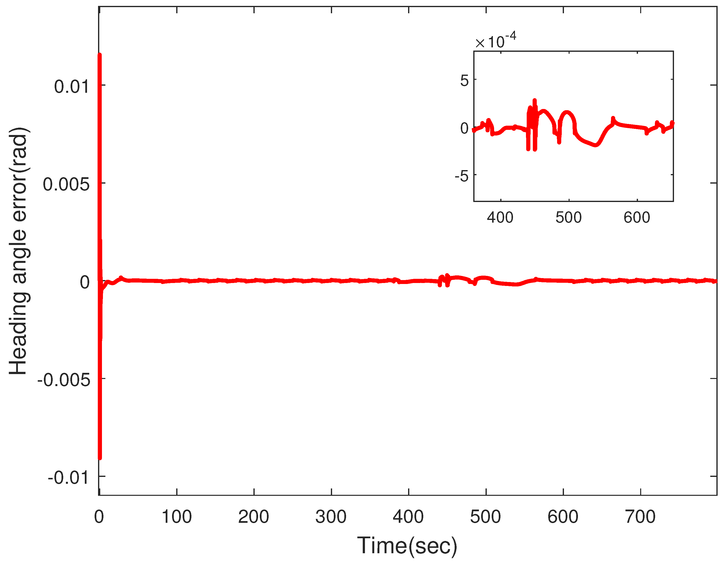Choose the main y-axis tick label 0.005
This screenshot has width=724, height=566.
pos(66,184)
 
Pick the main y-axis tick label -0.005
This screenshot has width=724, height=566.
pos(64,380)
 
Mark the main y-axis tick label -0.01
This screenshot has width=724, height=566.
pos(69,478)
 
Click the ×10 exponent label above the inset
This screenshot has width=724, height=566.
pos(495,41)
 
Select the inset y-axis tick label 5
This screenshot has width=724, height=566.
pos(464,81)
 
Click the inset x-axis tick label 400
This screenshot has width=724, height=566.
pos(500,218)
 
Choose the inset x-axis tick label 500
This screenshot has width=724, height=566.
pos(569,218)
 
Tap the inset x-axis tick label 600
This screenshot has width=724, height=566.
pos(637,218)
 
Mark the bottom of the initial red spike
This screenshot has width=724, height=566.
pos(100,458)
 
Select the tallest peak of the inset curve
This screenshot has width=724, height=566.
pos(534,100)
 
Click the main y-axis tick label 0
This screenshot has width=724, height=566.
pos(85,282)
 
